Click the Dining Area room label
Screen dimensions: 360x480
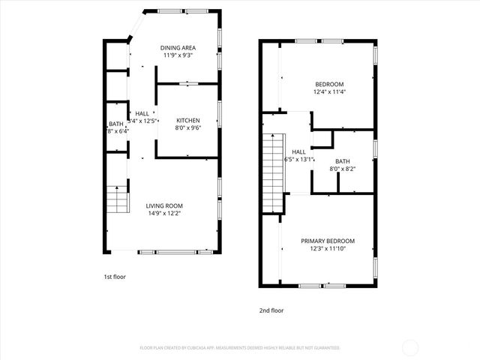pos(179,48)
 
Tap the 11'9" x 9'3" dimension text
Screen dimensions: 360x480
pos(179,55)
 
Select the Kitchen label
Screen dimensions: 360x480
pos(187,121)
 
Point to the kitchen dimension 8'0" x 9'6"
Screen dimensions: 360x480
pos(187,128)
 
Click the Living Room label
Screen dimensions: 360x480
pos(163,205)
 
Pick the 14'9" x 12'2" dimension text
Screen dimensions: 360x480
pos(163,213)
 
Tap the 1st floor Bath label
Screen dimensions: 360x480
pos(115,124)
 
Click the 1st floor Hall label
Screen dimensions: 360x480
pos(142,113)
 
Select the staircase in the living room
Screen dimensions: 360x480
pos(116,199)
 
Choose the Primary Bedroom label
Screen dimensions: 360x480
pos(328,241)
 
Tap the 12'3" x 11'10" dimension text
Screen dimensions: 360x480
pos(328,248)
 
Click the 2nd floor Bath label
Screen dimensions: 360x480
pos(342,161)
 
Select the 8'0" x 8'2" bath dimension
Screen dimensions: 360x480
pos(342,169)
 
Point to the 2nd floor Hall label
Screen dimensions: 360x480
pos(298,151)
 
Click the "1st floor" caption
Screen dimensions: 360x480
pos(115,277)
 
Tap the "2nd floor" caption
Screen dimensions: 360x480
pos(272,310)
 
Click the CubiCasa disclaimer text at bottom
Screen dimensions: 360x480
pos(240,347)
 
